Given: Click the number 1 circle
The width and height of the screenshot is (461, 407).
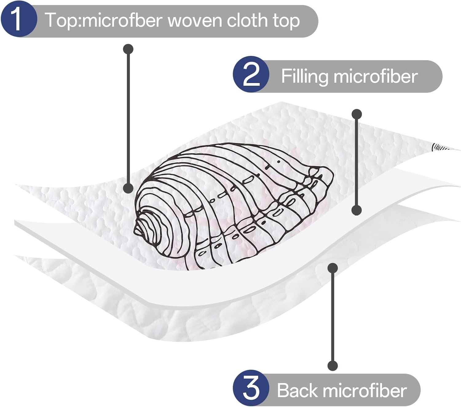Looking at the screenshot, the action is (x=18, y=19).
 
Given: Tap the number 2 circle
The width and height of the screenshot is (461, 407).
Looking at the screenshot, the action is (x=251, y=75).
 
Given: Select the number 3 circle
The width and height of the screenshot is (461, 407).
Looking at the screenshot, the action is (x=251, y=388).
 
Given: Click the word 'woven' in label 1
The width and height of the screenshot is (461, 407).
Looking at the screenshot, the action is (x=194, y=21).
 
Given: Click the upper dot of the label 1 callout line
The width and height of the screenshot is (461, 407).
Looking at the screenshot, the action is (x=128, y=49).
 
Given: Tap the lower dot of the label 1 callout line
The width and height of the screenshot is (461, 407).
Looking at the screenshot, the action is (x=128, y=188).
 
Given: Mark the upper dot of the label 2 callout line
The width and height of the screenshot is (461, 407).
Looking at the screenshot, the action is (x=357, y=114).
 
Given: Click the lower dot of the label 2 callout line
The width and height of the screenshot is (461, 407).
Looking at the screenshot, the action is (x=357, y=210).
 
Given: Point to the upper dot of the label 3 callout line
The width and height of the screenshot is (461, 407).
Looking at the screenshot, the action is (x=333, y=268).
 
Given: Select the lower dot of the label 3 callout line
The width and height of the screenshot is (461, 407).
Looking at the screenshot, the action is (x=333, y=366).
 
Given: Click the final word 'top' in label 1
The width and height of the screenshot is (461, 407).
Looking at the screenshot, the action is (x=286, y=21).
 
